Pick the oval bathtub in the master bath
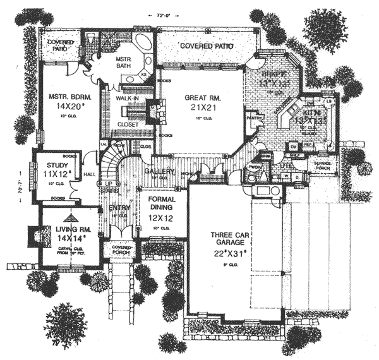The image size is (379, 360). click(x=143, y=46)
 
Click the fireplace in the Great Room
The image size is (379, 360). click(x=154, y=114)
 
